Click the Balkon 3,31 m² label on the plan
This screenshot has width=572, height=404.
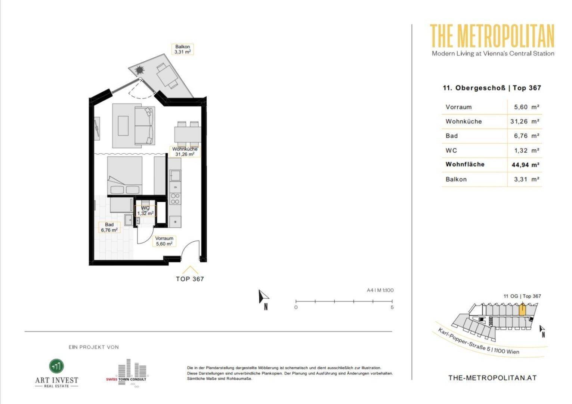click(x=182, y=49)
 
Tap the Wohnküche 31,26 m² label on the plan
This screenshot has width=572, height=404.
click(x=185, y=151)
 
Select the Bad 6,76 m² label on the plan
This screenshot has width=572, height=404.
click(x=109, y=227)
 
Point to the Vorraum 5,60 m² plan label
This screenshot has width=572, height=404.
click(x=164, y=241)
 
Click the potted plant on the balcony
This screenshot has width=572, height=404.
click(x=140, y=70)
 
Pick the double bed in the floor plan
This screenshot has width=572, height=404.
click(x=125, y=176)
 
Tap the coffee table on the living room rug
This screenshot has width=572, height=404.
click(x=123, y=126)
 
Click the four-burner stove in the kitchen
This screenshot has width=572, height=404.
click(x=175, y=199)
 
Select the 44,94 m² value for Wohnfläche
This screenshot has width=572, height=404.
click(x=525, y=165)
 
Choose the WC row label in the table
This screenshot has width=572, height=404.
click(x=451, y=151)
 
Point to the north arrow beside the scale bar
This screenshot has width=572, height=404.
click(x=263, y=297)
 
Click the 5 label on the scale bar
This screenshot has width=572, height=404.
click(x=392, y=307)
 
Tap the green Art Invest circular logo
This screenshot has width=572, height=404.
click(x=56, y=366)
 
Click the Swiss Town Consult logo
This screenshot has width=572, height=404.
click(x=127, y=373)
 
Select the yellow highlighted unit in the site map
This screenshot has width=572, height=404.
click(x=522, y=310)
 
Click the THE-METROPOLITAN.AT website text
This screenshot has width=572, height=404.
click(x=492, y=378)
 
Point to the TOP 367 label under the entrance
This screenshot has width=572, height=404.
click(x=190, y=279)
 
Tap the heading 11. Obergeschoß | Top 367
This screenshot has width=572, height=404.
click(x=492, y=88)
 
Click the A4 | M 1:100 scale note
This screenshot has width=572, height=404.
click(x=380, y=290)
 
